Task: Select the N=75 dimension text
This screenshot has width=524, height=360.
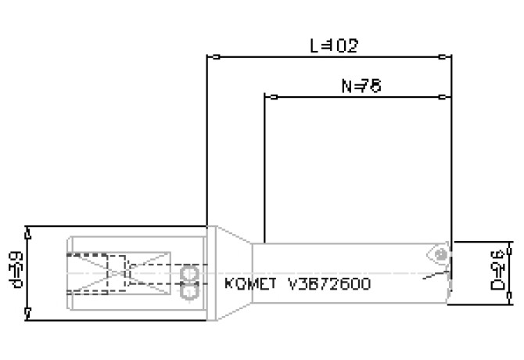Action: pos(361,86)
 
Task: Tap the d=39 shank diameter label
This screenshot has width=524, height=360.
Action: pos(13,272)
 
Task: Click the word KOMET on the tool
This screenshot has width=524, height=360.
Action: pos(249,283)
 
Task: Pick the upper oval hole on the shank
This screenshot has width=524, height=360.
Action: pos(188,273)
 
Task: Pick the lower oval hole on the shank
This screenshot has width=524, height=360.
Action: pos(188,291)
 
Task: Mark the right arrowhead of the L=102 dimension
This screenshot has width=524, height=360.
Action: pos(446,56)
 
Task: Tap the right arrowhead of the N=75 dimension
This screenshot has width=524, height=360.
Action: pos(446,97)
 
